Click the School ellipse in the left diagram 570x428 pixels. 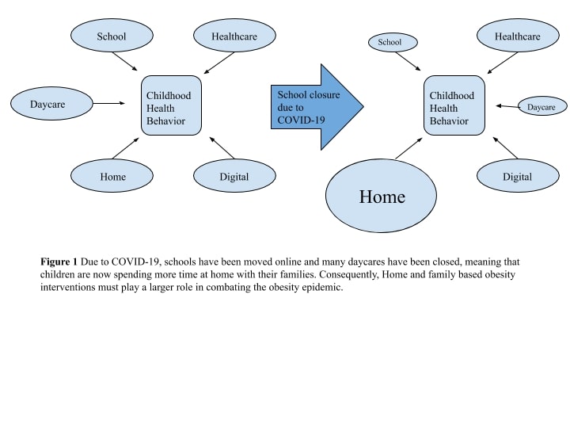coord(112,36)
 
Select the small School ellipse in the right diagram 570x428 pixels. coord(393,42)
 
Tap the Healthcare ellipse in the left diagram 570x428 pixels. coord(234,36)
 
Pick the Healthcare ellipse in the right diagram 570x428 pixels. coord(518,36)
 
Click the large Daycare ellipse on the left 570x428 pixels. coord(51,103)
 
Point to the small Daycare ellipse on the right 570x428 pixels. coord(542,106)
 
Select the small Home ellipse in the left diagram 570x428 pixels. coord(112,176)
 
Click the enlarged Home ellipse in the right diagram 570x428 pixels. coord(381,196)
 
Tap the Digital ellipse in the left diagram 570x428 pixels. coord(234,176)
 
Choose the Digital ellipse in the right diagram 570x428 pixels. coord(518,176)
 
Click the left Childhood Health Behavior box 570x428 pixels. coord(171,105)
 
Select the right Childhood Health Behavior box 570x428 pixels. coord(454,105)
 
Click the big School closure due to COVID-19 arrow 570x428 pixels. coord(317,107)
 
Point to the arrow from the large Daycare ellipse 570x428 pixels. coord(109,103)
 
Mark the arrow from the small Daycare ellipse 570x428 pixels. coord(507,106)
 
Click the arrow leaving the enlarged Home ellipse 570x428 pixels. coord(408,148)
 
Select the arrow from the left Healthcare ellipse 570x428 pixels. coord(218,63)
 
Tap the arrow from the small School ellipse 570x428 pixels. coord(408,62)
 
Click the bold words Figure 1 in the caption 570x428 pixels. coord(59,262)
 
